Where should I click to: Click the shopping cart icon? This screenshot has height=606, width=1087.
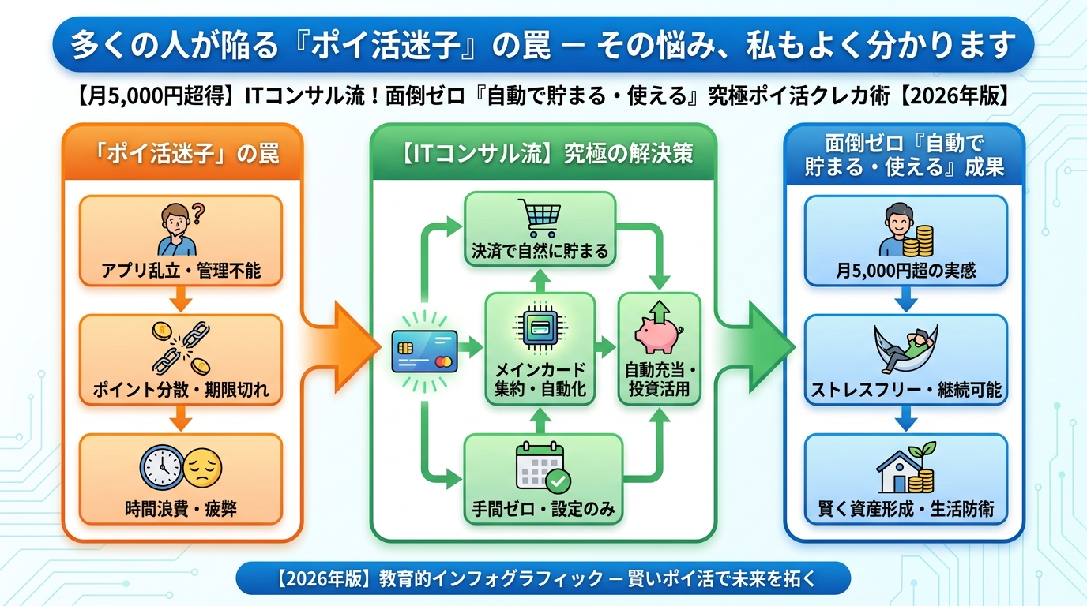click(539, 217)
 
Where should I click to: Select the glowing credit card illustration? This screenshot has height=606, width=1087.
click(425, 351)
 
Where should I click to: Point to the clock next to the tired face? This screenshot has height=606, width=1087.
click(162, 467)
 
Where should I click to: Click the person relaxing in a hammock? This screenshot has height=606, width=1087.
click(905, 351)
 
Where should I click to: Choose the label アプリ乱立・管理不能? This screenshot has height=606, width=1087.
click(181, 271)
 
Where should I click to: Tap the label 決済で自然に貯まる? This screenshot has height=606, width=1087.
click(540, 252)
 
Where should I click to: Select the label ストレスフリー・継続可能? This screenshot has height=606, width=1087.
click(905, 390)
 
